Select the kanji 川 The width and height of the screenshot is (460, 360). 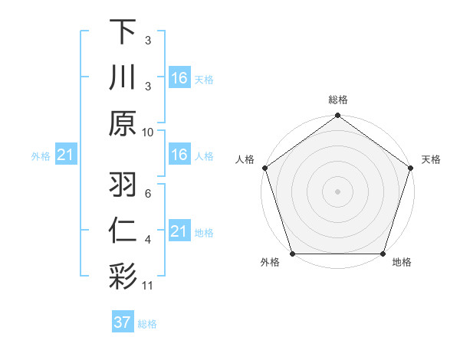tap(123, 77)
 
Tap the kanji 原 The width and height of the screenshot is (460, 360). tap(123, 123)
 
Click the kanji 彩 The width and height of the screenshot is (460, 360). tap(123, 274)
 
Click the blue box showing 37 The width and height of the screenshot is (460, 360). tap(123, 322)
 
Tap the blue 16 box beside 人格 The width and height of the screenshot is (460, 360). tap(179, 155)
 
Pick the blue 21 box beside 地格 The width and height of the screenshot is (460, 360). tap(179, 231)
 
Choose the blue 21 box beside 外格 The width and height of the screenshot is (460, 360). tap(66, 155)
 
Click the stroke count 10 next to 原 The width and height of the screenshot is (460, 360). tap(148, 132)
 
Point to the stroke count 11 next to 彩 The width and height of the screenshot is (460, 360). tap(148, 286)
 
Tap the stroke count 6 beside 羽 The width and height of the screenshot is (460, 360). tap(147, 193)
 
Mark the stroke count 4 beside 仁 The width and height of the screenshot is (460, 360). tap(147, 240)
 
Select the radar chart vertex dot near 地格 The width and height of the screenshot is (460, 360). tap(383, 254)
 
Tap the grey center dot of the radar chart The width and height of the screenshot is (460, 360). tap(337, 191)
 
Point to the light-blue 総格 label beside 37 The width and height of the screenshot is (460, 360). tap(147, 324)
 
